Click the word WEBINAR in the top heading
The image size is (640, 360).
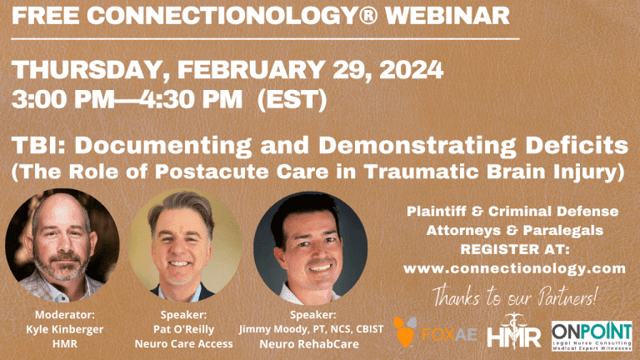click(447, 15)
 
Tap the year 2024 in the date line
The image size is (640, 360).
click(411, 69)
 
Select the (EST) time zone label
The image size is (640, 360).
click(292, 99)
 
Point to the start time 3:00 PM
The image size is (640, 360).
click(63, 99)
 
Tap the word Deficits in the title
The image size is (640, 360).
click(577, 145)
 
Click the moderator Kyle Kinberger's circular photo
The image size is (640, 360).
click(62, 245)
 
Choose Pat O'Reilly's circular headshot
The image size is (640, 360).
click(184, 245)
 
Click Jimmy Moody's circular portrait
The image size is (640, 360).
click(310, 248)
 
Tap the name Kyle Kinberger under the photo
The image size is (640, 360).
click(65, 329)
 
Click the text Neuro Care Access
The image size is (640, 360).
click(183, 344)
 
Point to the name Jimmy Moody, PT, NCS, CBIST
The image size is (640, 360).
click(311, 329)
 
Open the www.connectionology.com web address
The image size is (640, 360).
click(515, 268)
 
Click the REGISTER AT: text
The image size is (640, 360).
click(515, 249)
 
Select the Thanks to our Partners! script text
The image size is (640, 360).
click(515, 297)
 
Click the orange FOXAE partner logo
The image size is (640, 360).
click(435, 332)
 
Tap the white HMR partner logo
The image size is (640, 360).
click(514, 332)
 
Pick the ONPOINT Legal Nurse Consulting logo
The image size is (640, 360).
click(592, 336)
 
